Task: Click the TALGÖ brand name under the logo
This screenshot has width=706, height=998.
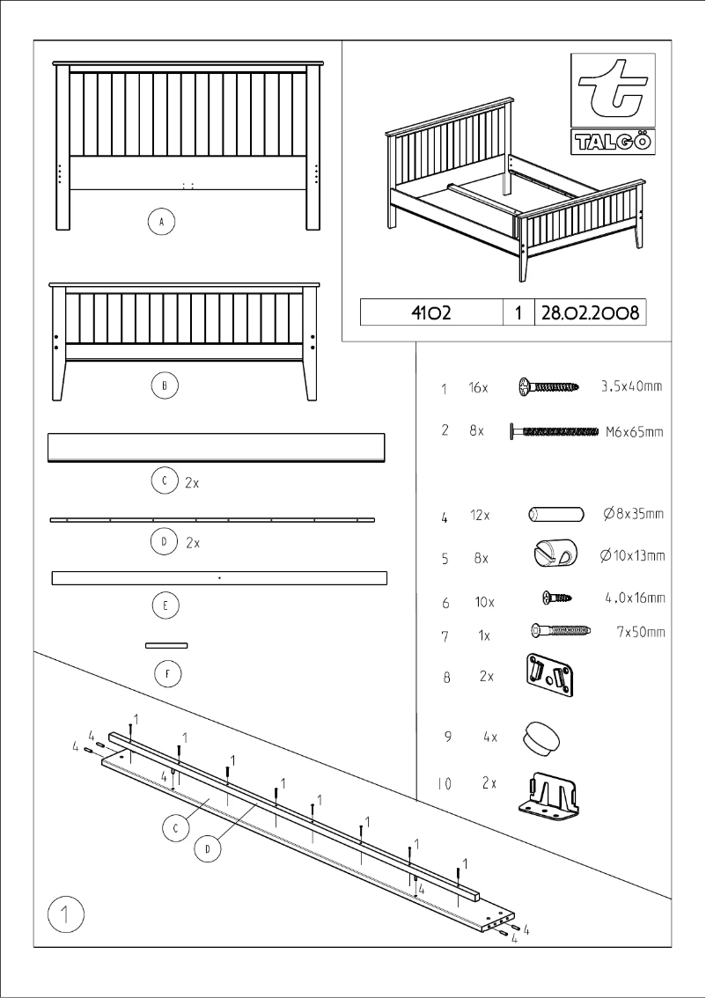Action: [x=613, y=142]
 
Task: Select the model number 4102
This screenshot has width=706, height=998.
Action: [x=431, y=312]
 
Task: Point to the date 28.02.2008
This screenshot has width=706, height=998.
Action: [x=590, y=312]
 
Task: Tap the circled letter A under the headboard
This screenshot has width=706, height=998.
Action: [x=160, y=222]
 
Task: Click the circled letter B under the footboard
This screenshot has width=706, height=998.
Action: [x=164, y=385]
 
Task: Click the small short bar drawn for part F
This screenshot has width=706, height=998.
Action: [x=166, y=645]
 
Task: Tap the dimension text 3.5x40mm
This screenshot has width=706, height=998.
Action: [x=631, y=386]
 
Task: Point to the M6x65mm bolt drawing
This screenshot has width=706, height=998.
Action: [x=555, y=431]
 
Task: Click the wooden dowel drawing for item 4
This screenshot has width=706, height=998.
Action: [x=556, y=515]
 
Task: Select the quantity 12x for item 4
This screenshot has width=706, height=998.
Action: [x=480, y=516]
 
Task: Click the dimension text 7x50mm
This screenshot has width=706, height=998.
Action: [x=640, y=632]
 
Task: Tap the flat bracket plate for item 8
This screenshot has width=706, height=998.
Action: [x=548, y=674]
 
